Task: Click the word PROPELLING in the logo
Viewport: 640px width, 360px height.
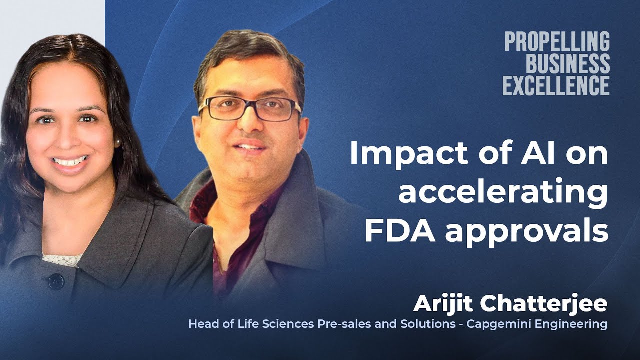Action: tap(557, 41)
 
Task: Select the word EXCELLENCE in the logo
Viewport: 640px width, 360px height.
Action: tap(556, 85)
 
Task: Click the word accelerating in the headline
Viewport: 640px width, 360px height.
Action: tap(503, 192)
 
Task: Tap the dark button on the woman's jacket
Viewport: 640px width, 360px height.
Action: tap(56, 281)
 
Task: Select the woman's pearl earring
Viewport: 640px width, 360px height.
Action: tap(118, 143)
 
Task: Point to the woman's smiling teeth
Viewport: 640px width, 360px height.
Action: tap(70, 161)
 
